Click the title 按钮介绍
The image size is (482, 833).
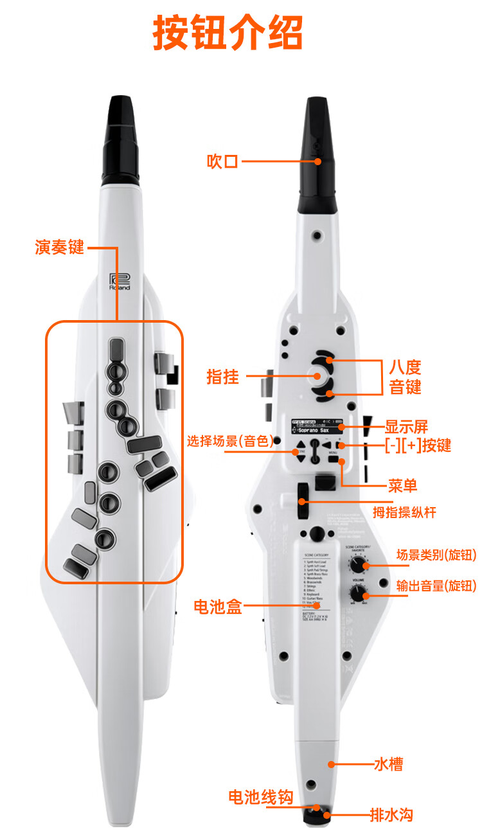[228, 33]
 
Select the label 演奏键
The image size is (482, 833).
[59, 247]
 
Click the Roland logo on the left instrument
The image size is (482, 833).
[120, 282]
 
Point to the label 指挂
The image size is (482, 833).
[222, 377]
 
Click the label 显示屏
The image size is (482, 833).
[406, 426]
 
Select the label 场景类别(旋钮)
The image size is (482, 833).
[436, 555]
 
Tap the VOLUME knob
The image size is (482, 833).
[357, 593]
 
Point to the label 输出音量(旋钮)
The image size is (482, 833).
[436, 585]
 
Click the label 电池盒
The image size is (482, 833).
[218, 606]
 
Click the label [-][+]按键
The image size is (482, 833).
[418, 446]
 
